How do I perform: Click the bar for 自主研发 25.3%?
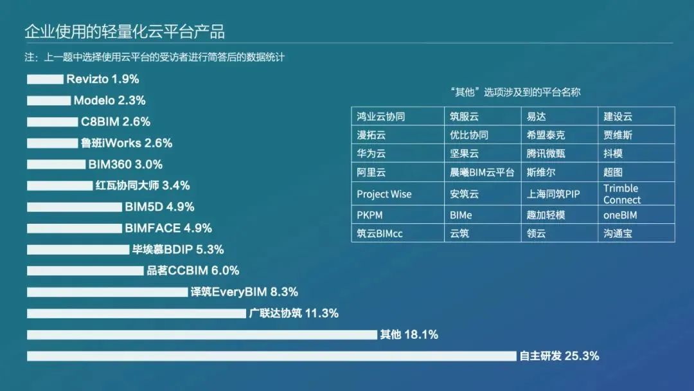271,356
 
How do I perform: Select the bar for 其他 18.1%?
202,334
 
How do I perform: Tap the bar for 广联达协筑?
136,313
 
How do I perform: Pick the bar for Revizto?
45,79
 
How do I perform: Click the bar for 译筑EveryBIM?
107,292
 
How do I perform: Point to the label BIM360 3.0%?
125,164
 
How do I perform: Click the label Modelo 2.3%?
109,100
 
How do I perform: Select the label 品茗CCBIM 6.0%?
193,271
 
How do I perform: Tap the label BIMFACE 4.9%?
168,228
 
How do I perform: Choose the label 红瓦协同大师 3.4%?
143,185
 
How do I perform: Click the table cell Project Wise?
384,194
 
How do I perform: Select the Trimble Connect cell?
621,194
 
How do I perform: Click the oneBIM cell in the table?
620,215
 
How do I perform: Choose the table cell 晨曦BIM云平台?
482,172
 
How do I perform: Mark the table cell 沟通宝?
618,233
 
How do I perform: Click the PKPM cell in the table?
369,215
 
